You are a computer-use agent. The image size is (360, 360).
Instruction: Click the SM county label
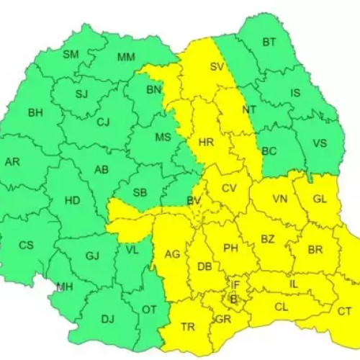coord(71,55)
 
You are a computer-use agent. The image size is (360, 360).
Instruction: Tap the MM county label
coord(126,57)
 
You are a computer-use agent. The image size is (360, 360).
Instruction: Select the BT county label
coord(269,42)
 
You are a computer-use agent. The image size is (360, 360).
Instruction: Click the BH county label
coord(35,112)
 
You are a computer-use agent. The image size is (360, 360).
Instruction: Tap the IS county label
coord(294,93)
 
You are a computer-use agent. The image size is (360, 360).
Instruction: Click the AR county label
coord(12,162)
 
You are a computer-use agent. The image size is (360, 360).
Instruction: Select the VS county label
coord(320,143)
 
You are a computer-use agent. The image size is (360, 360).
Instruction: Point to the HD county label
coord(72,202)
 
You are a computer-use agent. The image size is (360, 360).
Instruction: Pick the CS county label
coord(26,245)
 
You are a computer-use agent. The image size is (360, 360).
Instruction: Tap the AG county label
coord(172,254)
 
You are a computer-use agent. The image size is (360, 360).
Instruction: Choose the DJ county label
coord(107,319)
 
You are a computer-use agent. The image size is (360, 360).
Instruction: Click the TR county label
coord(188,327)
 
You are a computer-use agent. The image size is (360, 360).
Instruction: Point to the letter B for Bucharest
coord(233,297)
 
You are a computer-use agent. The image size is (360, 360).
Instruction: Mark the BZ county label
coord(268,239)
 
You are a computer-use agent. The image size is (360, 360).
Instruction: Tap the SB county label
coord(140,192)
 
